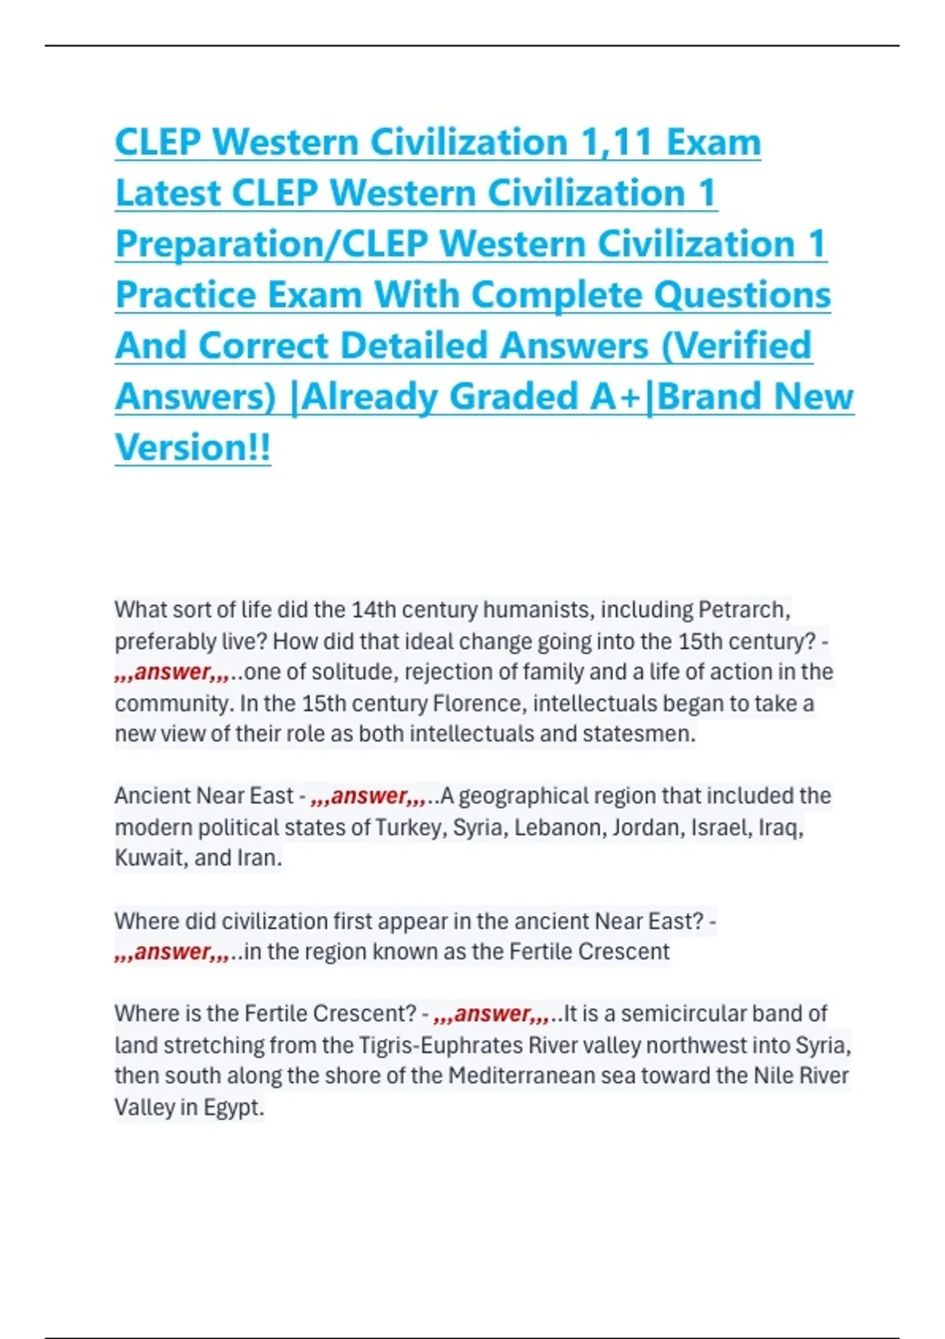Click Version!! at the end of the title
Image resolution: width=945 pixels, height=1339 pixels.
coord(193,447)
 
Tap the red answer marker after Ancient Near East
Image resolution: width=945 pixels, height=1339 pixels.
coord(369,796)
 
